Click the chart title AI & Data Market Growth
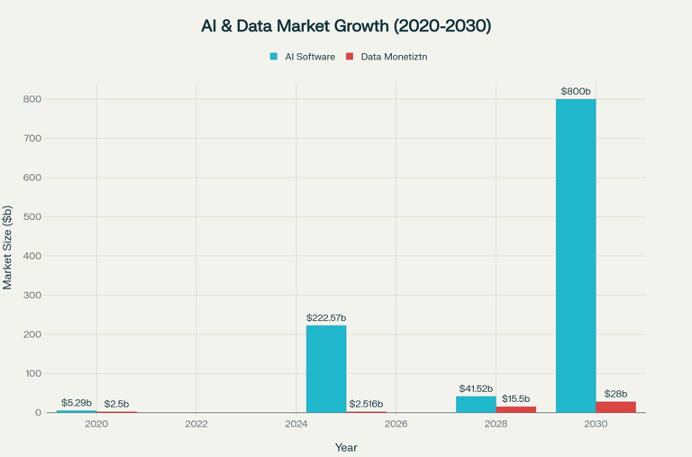[x=346, y=26]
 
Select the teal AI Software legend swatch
[x=274, y=57]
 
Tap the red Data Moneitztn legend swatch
[x=350, y=57]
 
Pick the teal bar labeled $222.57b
[x=326, y=369]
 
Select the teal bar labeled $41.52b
[x=476, y=404]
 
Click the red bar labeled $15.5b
[x=515, y=409]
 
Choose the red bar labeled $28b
[x=615, y=407]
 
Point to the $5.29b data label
[x=77, y=403]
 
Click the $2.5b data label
[x=116, y=404]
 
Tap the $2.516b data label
[x=366, y=404]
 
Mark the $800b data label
[x=576, y=92]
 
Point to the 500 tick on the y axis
[x=32, y=216]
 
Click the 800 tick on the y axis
[x=32, y=99]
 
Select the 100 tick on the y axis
[x=32, y=373]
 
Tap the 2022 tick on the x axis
[x=196, y=424]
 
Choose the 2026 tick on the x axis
[x=396, y=424]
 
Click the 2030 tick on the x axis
[x=596, y=424]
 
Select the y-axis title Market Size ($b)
[x=8, y=248]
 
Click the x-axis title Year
[x=346, y=447]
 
